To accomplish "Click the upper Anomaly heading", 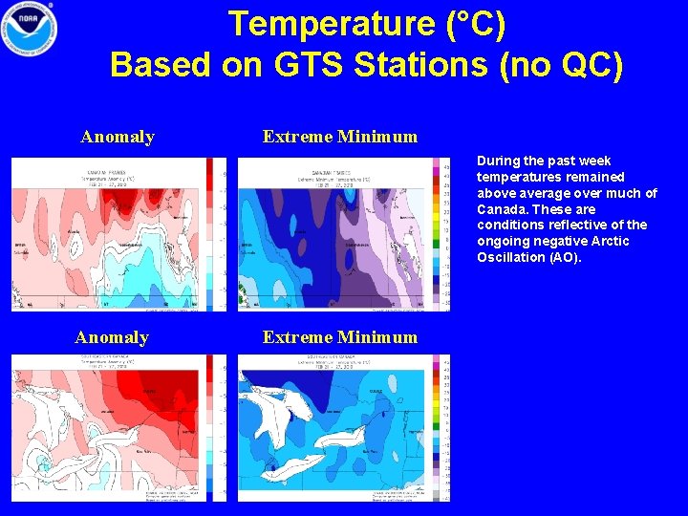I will click(118, 137).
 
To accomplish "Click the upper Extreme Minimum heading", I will click(340, 137).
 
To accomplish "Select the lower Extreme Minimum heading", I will click(340, 337).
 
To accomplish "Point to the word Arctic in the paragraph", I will click(610, 241).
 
